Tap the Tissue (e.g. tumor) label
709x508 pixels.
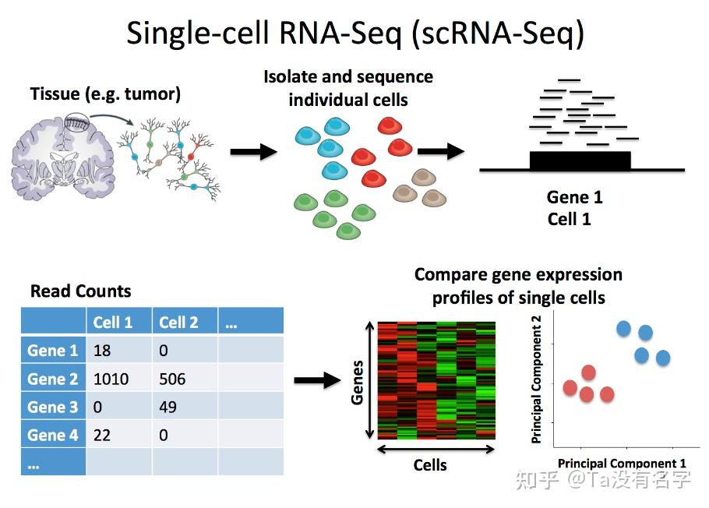[x=105, y=94]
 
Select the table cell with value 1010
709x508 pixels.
[x=111, y=379]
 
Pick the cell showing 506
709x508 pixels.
[x=172, y=379]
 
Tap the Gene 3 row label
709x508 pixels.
[x=53, y=407]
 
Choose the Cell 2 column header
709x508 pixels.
[x=178, y=322]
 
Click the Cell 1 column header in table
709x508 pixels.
[x=113, y=322]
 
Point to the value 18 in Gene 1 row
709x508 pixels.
[x=102, y=351]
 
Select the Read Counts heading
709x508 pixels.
[x=80, y=291]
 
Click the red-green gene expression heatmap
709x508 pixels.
[x=436, y=380]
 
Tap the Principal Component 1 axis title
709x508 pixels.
[x=622, y=463]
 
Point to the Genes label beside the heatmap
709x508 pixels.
[x=358, y=382]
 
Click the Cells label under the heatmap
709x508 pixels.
[x=430, y=465]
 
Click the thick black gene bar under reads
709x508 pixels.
[x=580, y=161]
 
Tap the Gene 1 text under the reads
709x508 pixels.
[x=574, y=197]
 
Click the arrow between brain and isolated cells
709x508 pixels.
[x=254, y=151]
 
